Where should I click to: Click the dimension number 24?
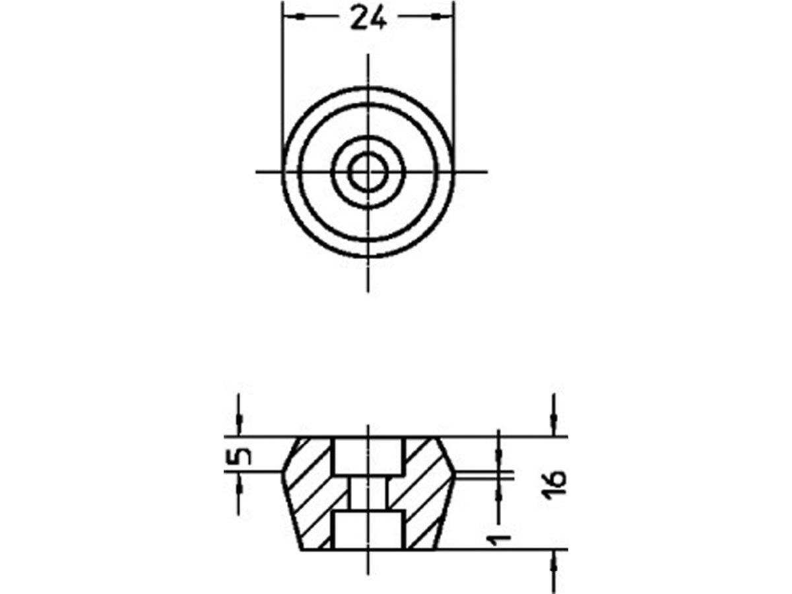point(368,18)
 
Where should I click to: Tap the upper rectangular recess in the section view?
point(368,455)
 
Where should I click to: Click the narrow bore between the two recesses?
point(368,492)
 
